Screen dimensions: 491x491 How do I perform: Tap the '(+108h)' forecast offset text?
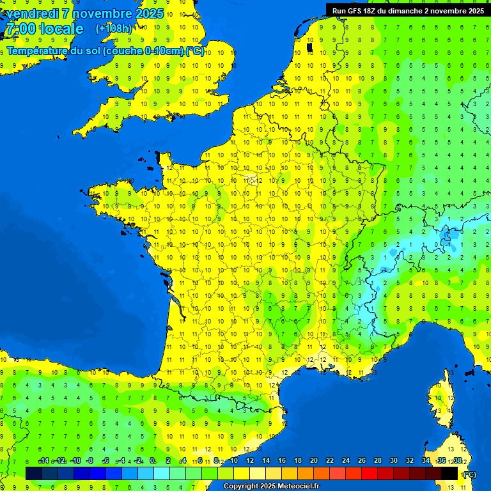pyautogui.click(x=114, y=29)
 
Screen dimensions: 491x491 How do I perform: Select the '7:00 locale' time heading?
pyautogui.click(x=44, y=29)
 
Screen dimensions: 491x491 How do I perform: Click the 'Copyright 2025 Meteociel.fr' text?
pyautogui.click(x=271, y=487)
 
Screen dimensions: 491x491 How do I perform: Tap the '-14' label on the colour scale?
pyautogui.click(x=43, y=461)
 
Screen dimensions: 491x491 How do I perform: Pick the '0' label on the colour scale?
pyautogui.click(x=152, y=461)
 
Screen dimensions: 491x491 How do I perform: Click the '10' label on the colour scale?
pyautogui.click(x=234, y=461)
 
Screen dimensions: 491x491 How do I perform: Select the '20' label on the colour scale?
pyautogui.click(x=313, y=461)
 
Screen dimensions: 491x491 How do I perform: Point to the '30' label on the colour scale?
pyautogui.click(x=393, y=461)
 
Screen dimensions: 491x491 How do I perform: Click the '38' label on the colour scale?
pyautogui.click(x=457, y=461)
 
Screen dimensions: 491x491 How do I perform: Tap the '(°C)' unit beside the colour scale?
pyautogui.click(x=470, y=474)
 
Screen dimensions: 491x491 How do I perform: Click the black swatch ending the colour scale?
pyautogui.click(x=449, y=473)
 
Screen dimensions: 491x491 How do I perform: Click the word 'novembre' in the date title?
pyautogui.click(x=103, y=13)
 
